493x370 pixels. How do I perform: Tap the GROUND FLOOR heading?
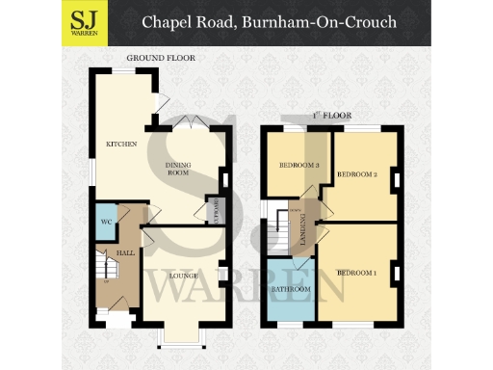161,59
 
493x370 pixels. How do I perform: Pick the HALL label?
125,252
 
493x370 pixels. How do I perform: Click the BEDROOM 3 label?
298,165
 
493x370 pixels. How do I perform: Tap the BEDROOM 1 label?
356,274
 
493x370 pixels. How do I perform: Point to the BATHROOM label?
292,289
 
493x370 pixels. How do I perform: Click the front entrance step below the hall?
118,320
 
